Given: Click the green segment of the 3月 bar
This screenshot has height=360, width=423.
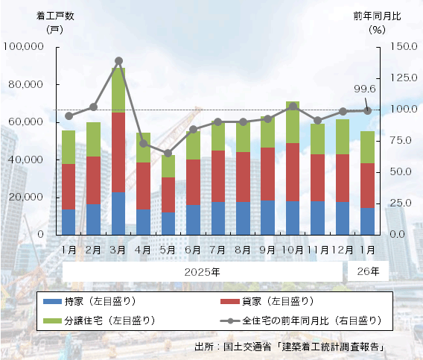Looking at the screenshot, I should (x=118, y=90).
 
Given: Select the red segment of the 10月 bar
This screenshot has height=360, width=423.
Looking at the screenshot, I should (x=293, y=172).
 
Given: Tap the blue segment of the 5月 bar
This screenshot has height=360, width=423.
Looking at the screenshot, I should (x=168, y=223).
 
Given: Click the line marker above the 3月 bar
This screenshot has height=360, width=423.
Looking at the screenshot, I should (x=118, y=61).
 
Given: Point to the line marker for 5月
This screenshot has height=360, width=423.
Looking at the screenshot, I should (x=168, y=154).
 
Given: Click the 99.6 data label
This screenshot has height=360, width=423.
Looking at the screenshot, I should (x=364, y=89).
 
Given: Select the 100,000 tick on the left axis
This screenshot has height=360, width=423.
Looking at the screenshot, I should (x=25, y=47).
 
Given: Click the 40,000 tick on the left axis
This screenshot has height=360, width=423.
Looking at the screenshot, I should (x=28, y=160).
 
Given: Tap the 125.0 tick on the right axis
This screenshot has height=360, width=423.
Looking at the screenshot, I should (x=393, y=78).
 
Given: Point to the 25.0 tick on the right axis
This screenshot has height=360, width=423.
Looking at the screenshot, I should (x=395, y=203).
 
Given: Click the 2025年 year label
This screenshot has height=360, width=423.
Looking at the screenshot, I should (x=202, y=272).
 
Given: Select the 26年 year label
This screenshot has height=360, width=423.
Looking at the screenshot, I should (x=368, y=271).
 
